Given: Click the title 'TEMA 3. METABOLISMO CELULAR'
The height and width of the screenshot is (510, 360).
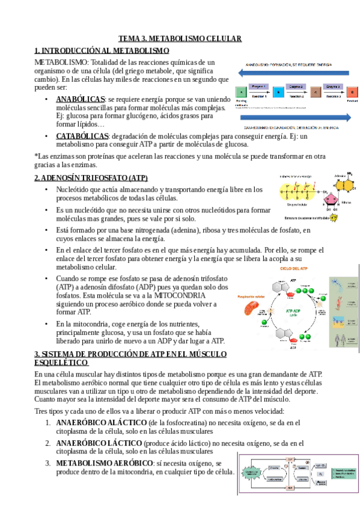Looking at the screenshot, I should pyautogui.click(x=179, y=38).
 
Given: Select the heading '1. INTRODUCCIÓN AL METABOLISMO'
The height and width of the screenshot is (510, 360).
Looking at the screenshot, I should pyautogui.click(x=102, y=51).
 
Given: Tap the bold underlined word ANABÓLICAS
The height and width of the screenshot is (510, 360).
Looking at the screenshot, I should pyautogui.click(x=81, y=99).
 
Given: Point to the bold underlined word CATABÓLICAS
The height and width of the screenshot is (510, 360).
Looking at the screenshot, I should pyautogui.click(x=82, y=136).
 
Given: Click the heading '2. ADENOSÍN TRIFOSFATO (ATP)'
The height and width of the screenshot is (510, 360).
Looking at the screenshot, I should pyautogui.click(x=91, y=178).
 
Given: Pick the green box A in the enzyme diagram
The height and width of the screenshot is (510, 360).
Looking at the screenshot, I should pyautogui.click(x=240, y=91).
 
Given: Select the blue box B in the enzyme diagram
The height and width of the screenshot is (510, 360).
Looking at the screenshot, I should pyautogui.click(x=279, y=91).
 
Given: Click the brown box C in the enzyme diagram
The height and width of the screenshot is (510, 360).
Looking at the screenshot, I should pyautogui.click(x=316, y=91).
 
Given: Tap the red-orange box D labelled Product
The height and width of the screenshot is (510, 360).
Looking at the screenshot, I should pyautogui.click(x=352, y=91).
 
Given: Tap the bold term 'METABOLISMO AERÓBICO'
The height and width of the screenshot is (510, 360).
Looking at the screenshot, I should pyautogui.click(x=104, y=463).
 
